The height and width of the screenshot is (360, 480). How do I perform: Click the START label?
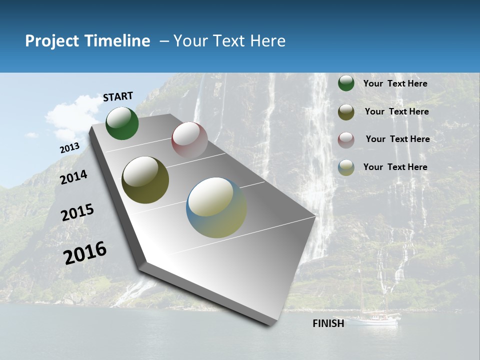tap(118, 96)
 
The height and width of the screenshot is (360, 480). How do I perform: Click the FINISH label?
tap(328, 323)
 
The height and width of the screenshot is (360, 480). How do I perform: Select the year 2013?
tap(69, 148)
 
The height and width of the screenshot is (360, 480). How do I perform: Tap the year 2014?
tap(73, 177)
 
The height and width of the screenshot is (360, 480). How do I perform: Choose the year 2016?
tap(85, 252)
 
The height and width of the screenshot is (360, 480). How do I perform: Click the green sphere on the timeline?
tap(122, 123)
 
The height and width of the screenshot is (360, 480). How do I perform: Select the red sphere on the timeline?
tap(189, 140)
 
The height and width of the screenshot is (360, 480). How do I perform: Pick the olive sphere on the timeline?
tap(145, 180)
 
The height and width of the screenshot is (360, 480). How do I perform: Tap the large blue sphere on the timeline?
tap(216, 207)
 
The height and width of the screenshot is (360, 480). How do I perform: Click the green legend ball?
tap(346, 83)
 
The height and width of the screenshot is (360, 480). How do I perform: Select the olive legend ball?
tap(346, 112)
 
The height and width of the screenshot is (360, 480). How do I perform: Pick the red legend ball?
tap(346, 139)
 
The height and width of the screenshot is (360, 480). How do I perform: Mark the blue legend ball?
tap(346, 167)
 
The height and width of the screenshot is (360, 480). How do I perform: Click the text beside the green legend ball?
tap(395, 83)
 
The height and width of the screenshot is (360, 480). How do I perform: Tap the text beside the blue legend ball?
tap(395, 167)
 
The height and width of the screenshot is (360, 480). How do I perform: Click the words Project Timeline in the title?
tap(87, 41)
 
